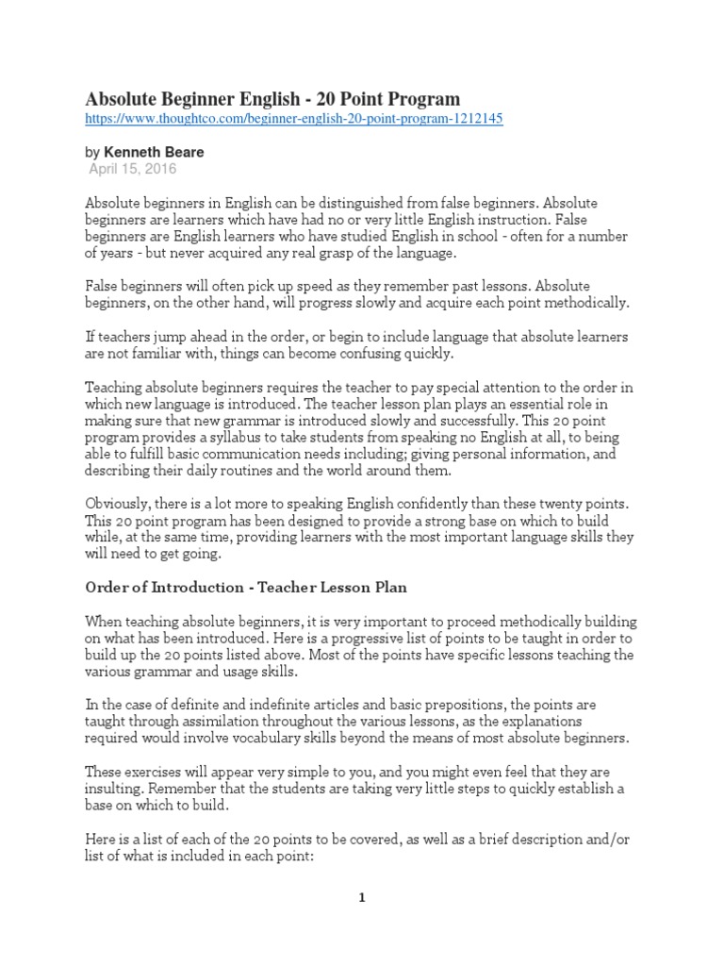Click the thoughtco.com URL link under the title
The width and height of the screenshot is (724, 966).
coord(294,121)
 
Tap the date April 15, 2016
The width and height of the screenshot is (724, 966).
coord(132,169)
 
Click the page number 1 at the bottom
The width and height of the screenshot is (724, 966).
coord(361,899)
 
